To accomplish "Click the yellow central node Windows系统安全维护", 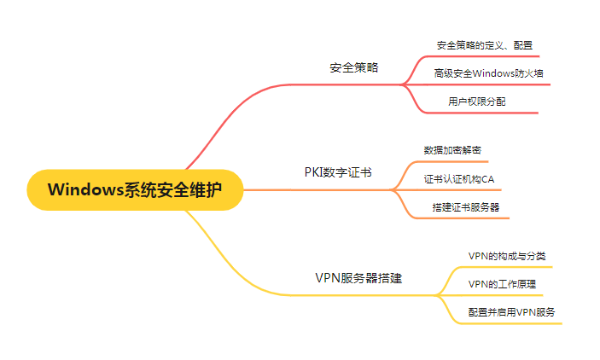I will (135, 189).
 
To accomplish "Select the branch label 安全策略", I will (353, 67).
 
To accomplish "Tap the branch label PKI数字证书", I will (338, 171).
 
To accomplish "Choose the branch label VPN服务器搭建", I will (358, 278).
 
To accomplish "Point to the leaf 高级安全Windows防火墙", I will (488, 73).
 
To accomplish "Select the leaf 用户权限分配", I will (478, 102).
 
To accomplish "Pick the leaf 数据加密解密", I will (452, 150).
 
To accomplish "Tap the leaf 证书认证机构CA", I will (459, 179).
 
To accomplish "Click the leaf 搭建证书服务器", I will (466, 207).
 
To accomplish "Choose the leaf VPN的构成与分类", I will (507, 255).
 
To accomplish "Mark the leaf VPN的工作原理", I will (503, 283).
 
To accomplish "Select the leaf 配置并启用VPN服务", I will (512, 312).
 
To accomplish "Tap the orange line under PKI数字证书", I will (341, 189).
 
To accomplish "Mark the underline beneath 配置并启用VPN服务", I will (512, 323).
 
